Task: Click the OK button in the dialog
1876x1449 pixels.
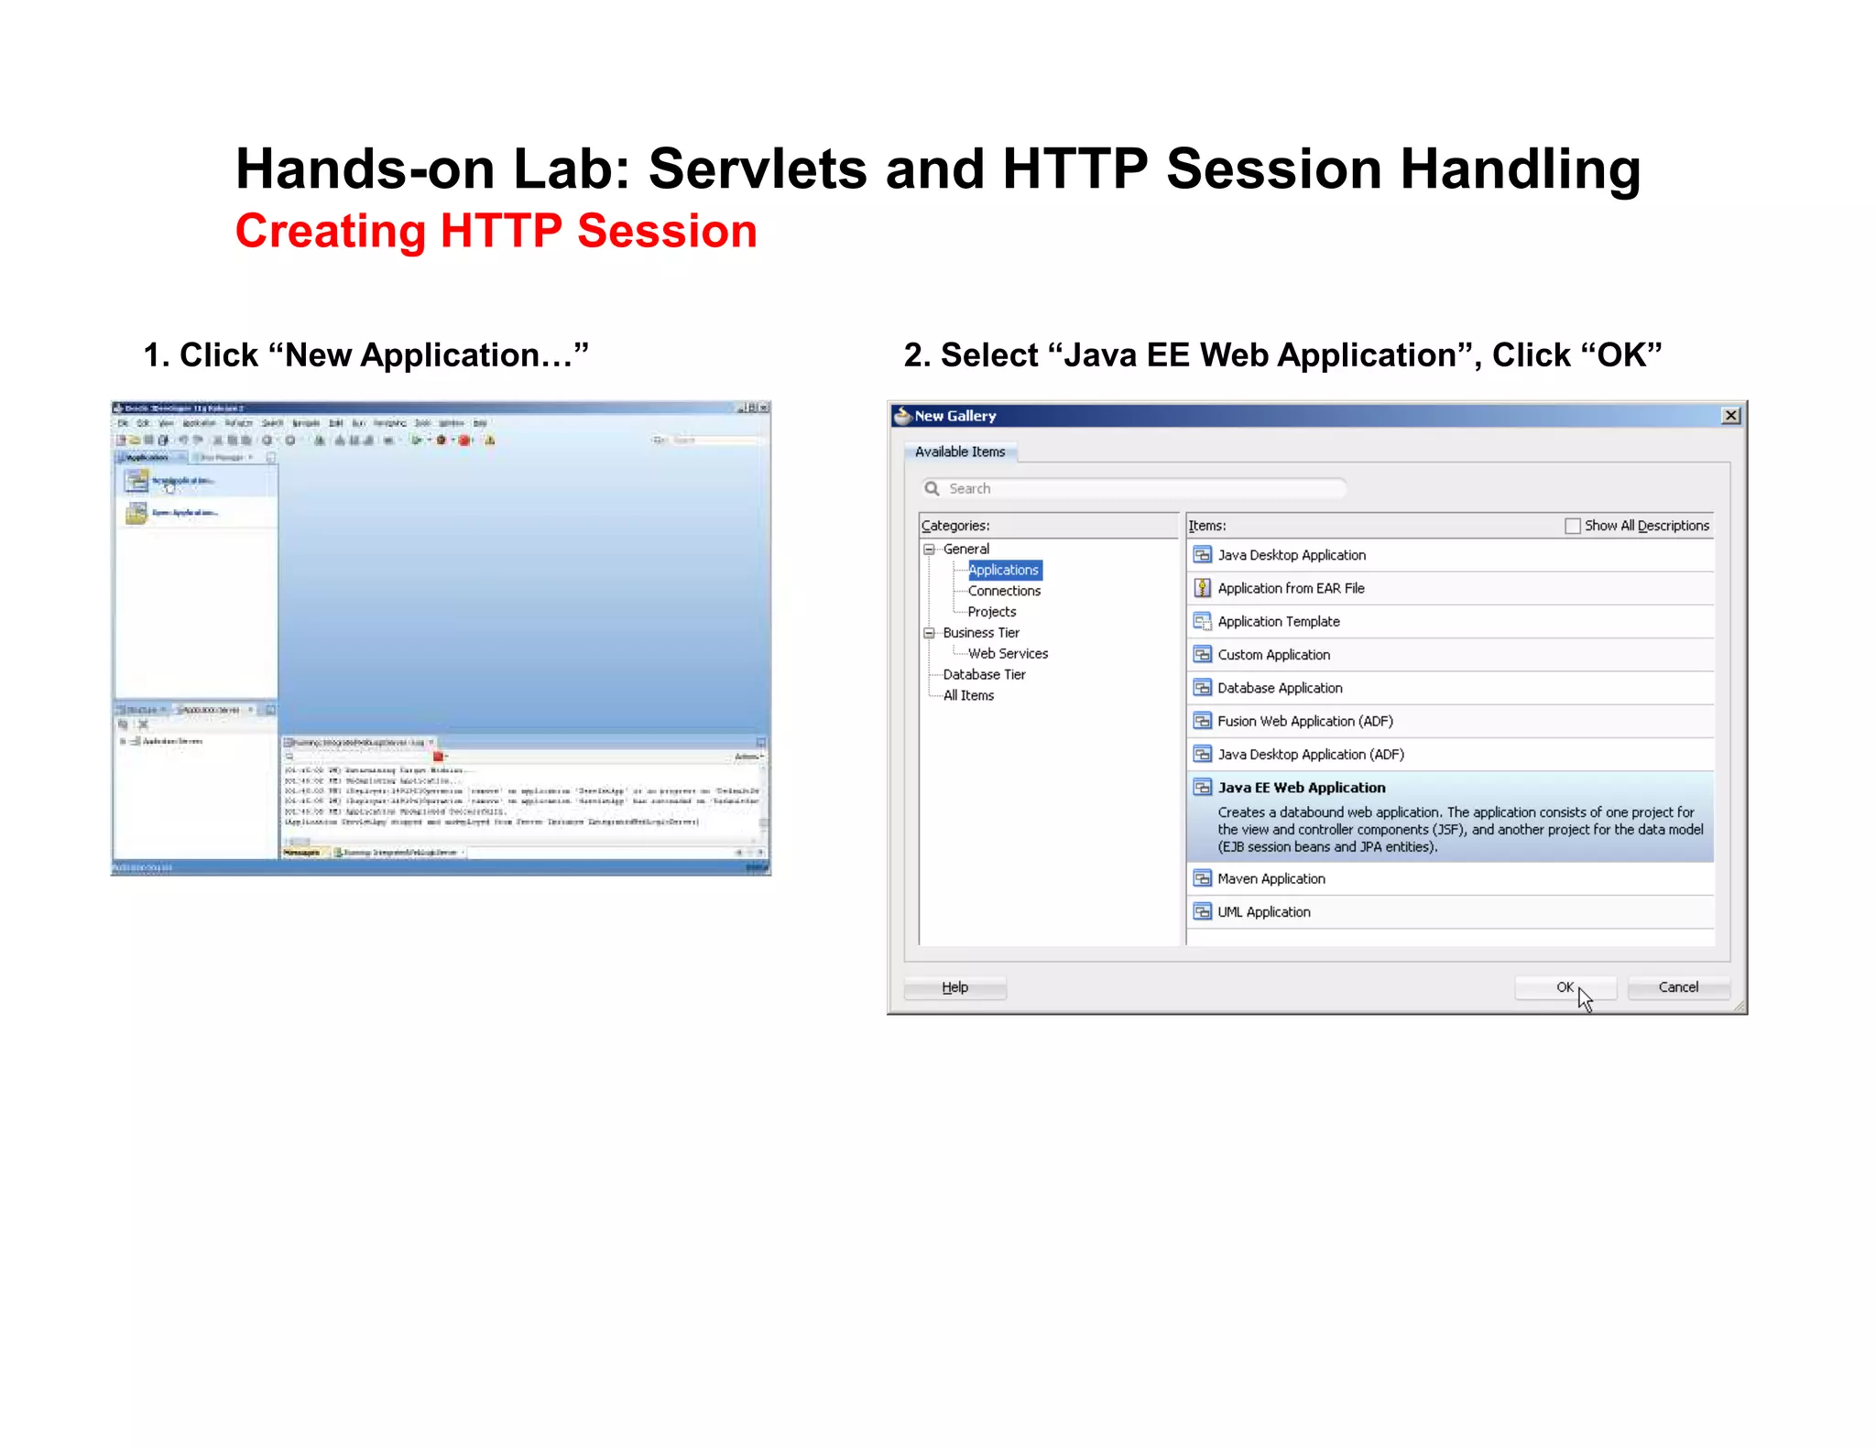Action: pos(1565,987)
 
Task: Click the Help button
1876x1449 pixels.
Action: pos(954,987)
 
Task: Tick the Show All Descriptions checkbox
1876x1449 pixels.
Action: pos(1573,526)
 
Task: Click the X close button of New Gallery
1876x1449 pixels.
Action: pos(1730,416)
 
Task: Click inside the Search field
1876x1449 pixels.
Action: pos(1136,488)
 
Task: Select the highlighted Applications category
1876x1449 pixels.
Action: pos(1004,570)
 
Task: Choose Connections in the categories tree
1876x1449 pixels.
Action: pos(1004,591)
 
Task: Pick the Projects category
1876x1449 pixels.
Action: pos(991,612)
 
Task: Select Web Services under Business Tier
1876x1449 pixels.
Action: pos(1008,654)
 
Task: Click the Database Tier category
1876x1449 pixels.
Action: pos(984,675)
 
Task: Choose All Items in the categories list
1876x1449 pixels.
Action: pos(968,696)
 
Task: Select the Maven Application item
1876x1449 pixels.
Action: pos(1271,879)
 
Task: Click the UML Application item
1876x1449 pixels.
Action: pos(1264,912)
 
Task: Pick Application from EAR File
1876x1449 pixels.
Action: pos(1291,589)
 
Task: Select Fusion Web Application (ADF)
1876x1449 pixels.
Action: pos(1305,722)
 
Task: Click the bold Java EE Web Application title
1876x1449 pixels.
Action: pos(1302,788)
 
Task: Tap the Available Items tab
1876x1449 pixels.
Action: pos(960,452)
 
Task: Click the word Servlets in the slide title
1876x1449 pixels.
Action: pos(758,169)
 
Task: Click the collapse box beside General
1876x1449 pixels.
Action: pos(929,550)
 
